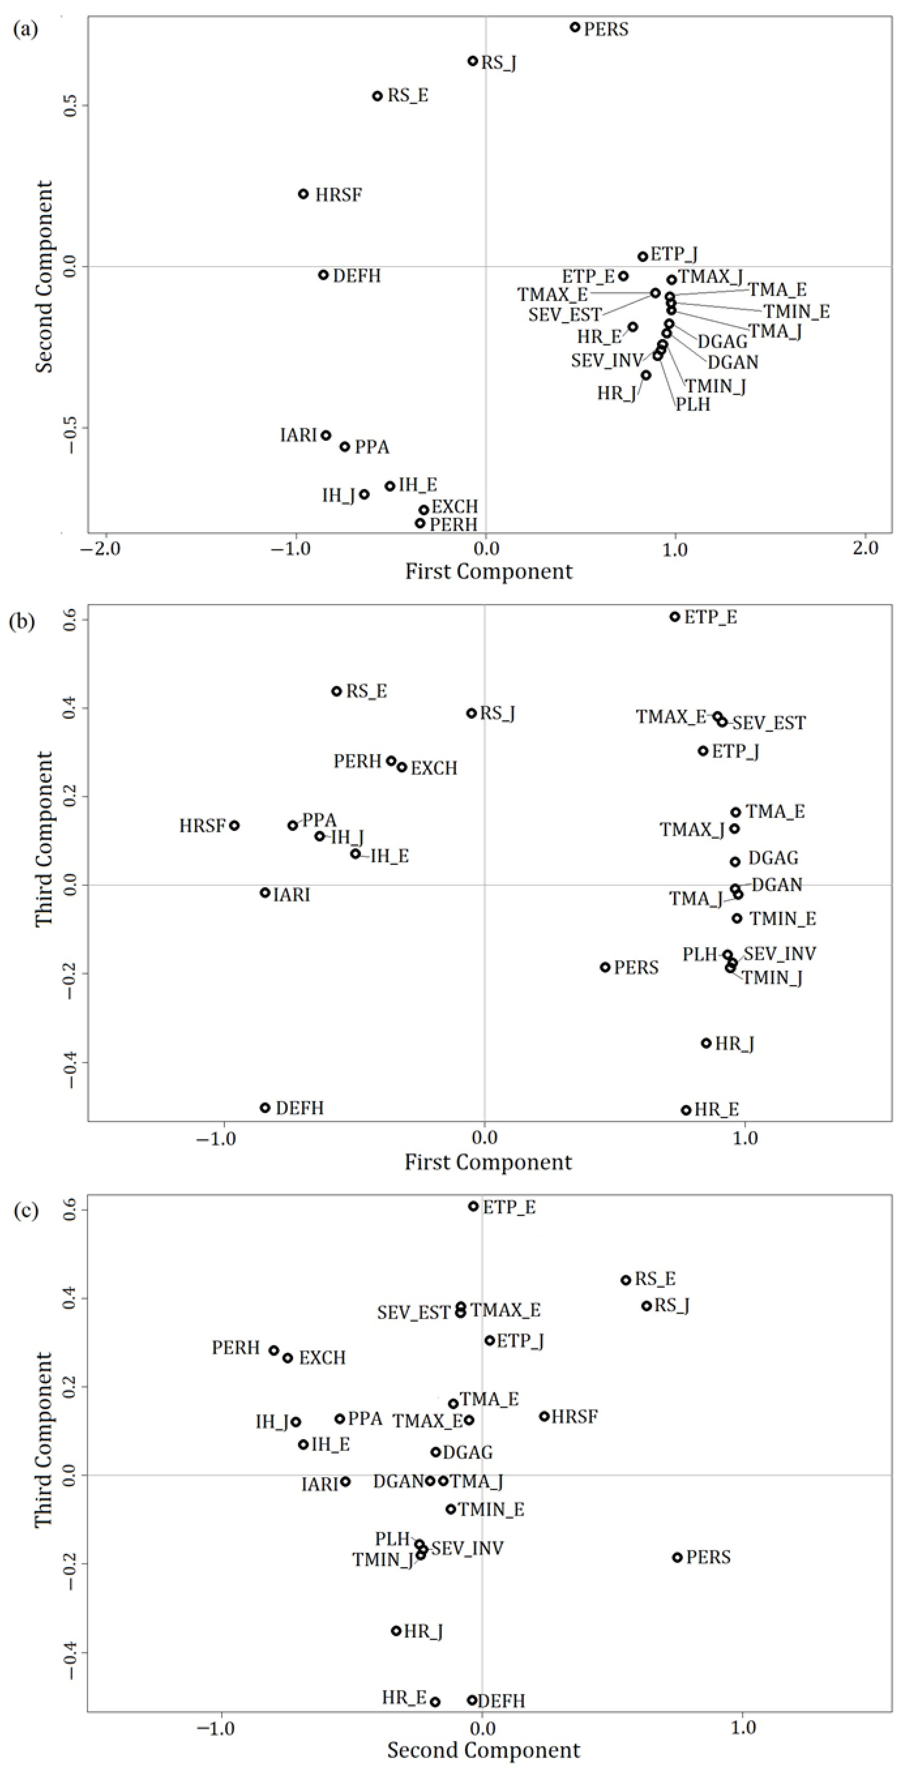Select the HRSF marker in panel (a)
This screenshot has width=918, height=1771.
(303, 194)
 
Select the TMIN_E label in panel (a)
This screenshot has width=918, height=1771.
(796, 312)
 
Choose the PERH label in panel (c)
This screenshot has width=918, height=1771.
(236, 1347)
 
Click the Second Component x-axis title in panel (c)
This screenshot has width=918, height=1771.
(483, 1750)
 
